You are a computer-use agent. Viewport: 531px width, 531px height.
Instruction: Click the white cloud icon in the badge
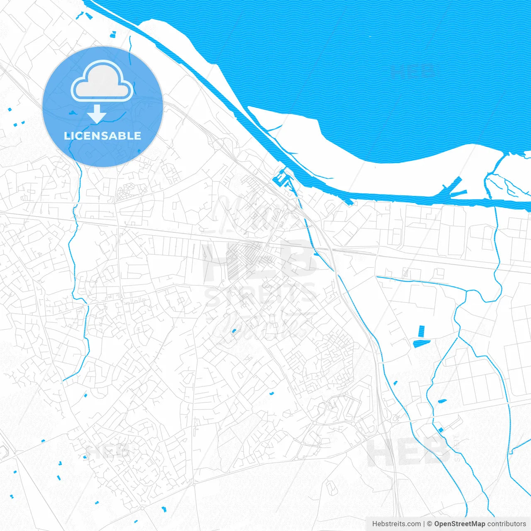pyautogui.click(x=102, y=80)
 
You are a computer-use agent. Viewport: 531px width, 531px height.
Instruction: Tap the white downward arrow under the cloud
pyautogui.click(x=97, y=114)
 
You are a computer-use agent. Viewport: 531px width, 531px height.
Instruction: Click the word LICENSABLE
pyautogui.click(x=102, y=136)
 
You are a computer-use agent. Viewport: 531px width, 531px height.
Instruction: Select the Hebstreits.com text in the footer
pyautogui.click(x=396, y=524)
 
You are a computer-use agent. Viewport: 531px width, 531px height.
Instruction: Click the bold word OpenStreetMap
pyautogui.click(x=460, y=524)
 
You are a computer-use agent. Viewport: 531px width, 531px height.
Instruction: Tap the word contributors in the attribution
pyautogui.click(x=507, y=524)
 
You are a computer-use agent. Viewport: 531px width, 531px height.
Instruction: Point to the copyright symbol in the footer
pyautogui.click(x=430, y=524)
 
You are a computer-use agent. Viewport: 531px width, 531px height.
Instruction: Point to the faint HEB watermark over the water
pyautogui.click(x=413, y=71)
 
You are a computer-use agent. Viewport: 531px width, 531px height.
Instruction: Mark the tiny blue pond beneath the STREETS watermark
pyautogui.click(x=234, y=331)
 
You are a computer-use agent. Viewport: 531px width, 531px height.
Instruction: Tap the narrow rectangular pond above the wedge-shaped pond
pyautogui.click(x=422, y=331)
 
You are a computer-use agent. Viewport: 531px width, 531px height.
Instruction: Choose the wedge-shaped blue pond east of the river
pyautogui.click(x=421, y=343)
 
